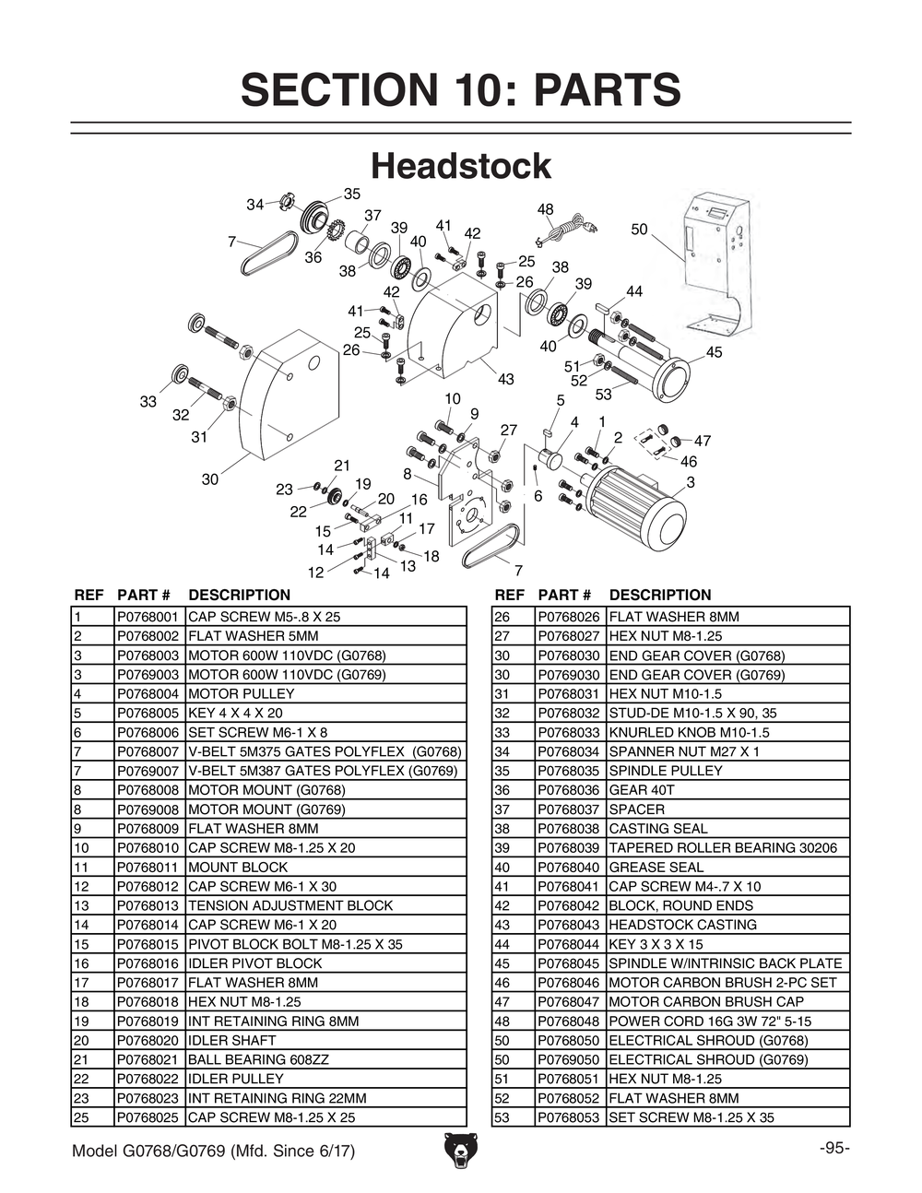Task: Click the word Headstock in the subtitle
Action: tap(460, 167)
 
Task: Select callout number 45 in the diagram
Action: tap(715, 352)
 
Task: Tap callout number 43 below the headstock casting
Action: tap(505, 379)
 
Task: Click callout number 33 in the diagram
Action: tap(148, 402)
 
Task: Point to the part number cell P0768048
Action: tap(569, 1022)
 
